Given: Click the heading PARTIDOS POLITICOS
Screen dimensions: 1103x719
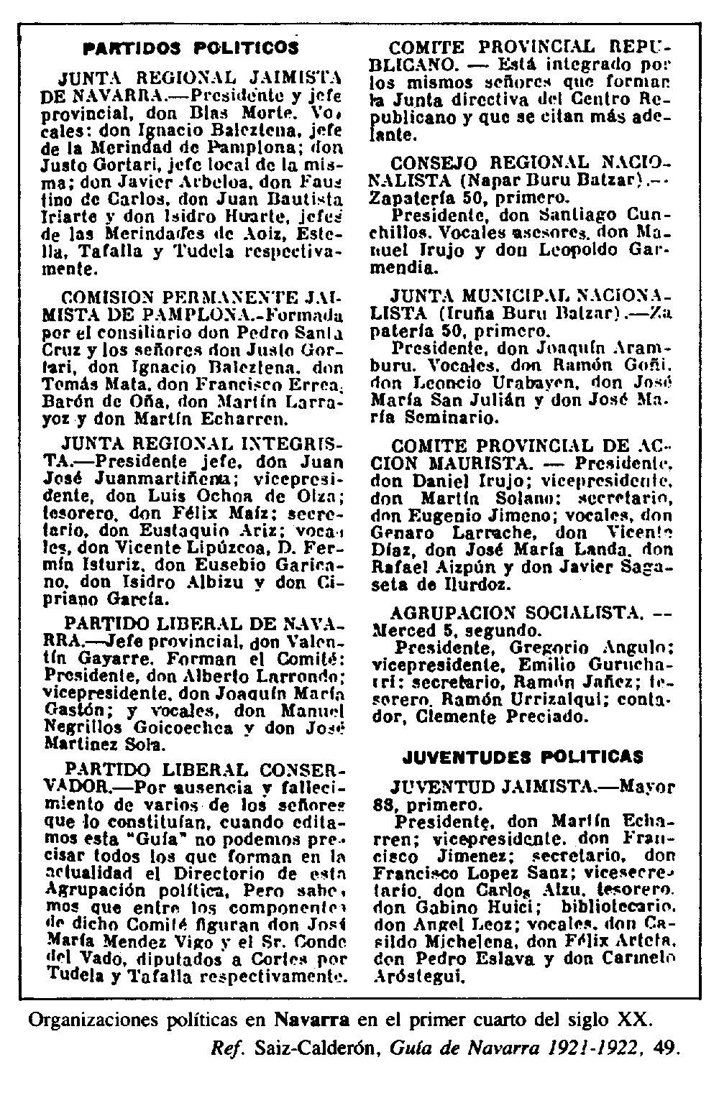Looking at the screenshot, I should pyautogui.click(x=191, y=48).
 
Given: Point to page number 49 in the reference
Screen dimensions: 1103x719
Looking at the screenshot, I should pyautogui.click(x=667, y=1048).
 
